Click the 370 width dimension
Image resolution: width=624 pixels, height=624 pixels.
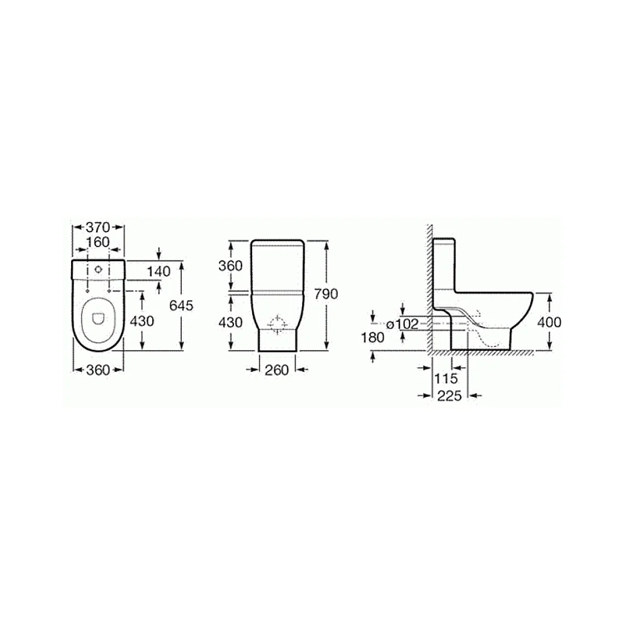98,227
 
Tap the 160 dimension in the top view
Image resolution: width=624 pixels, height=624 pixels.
98,242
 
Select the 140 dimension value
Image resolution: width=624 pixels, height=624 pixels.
158,271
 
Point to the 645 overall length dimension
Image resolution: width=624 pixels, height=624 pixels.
181,305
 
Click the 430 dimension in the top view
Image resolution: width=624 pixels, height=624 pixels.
142,321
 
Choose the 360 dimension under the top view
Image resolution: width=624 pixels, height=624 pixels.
98,370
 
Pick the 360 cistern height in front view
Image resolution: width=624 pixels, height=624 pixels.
230,265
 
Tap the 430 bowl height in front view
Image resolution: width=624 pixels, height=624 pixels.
230,322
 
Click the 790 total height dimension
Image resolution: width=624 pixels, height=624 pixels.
326,294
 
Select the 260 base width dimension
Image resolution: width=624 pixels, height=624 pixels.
276,370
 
